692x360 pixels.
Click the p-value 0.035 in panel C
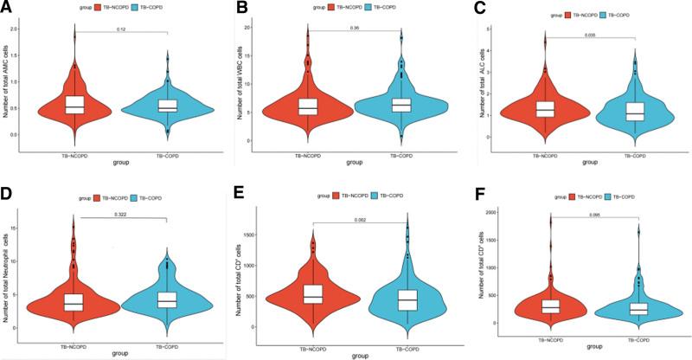tap(590, 35)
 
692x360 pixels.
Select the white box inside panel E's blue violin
tap(405, 299)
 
